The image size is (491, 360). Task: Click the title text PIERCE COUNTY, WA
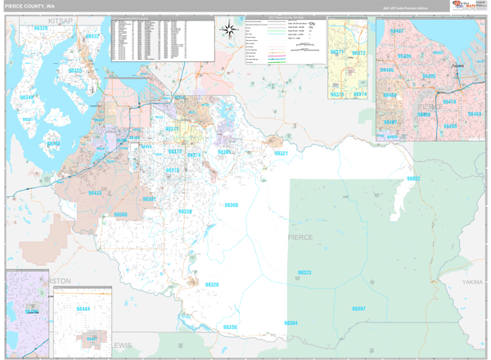[29, 6]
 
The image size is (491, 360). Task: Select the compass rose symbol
[230, 31]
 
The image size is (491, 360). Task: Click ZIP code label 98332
[92, 36]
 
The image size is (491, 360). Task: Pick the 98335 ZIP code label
[74, 71]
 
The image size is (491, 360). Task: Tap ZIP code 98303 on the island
[52, 143]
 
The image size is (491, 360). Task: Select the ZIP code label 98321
[281, 153]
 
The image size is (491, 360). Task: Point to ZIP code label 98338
[186, 211]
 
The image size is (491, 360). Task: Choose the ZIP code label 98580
[120, 214]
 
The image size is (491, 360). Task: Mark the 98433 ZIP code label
[95, 193]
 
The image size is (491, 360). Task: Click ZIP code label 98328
[212, 285]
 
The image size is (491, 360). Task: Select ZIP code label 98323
[304, 272]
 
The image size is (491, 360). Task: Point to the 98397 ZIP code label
[358, 308]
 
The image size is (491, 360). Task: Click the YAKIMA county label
[472, 281]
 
